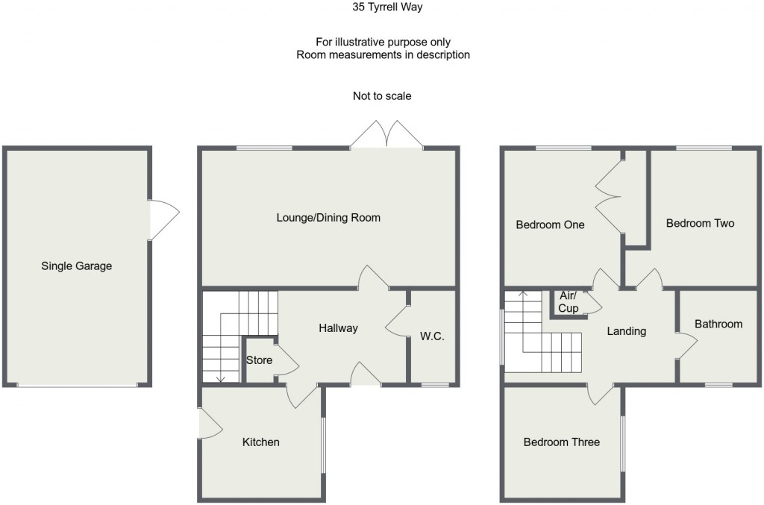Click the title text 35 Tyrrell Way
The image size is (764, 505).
point(382,8)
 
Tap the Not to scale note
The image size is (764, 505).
point(382,96)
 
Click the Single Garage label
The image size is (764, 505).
point(76,266)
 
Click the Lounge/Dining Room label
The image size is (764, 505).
point(328,218)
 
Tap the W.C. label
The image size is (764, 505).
point(432,336)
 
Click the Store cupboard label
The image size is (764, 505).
point(260,360)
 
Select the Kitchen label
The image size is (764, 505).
point(260,442)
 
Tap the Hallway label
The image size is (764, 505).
point(338,328)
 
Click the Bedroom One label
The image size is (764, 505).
point(550,225)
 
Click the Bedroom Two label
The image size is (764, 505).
point(700,223)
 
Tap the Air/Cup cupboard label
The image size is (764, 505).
point(568,302)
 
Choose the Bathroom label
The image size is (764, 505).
point(718,324)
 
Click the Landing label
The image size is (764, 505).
point(626,331)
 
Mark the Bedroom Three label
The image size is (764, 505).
point(561,442)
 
